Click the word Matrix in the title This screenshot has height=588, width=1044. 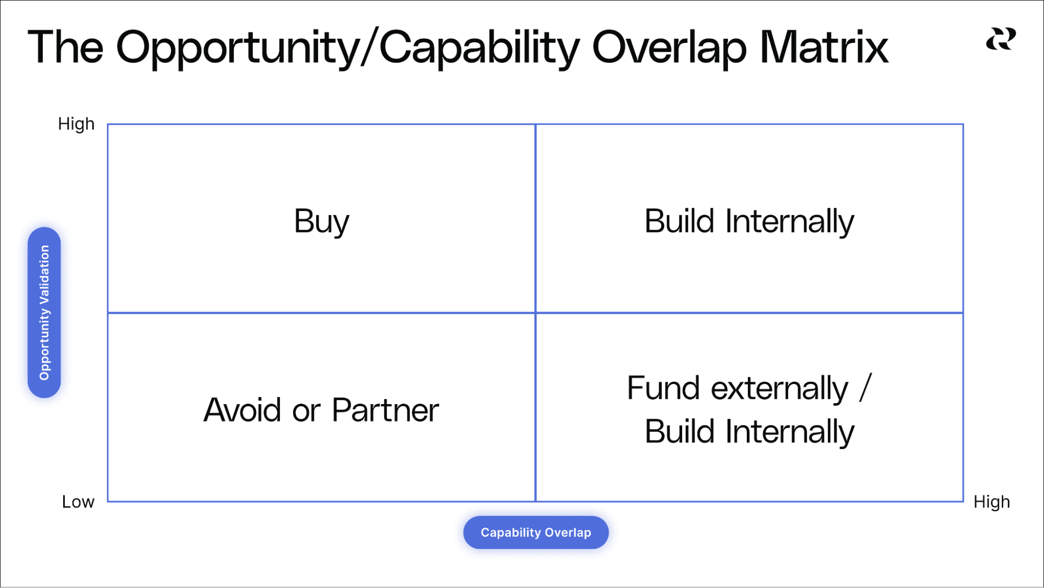tap(824, 47)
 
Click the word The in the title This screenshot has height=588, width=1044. tap(65, 47)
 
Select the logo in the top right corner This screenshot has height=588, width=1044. tap(1001, 39)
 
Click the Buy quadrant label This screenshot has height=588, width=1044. tap(321, 221)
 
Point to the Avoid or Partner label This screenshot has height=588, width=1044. tap(321, 410)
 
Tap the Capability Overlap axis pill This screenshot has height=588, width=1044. tap(536, 533)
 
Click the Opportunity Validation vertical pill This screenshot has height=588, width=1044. tap(44, 312)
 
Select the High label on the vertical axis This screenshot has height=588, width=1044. tap(76, 124)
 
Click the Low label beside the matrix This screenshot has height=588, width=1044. tap(78, 502)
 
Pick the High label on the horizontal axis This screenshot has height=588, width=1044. tap(991, 502)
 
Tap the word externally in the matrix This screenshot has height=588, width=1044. tap(780, 389)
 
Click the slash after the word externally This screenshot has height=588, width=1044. tap(866, 388)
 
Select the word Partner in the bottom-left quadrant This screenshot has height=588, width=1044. tap(385, 410)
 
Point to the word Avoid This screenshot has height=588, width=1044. tap(243, 410)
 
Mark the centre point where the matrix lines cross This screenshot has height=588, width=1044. tap(535, 313)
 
